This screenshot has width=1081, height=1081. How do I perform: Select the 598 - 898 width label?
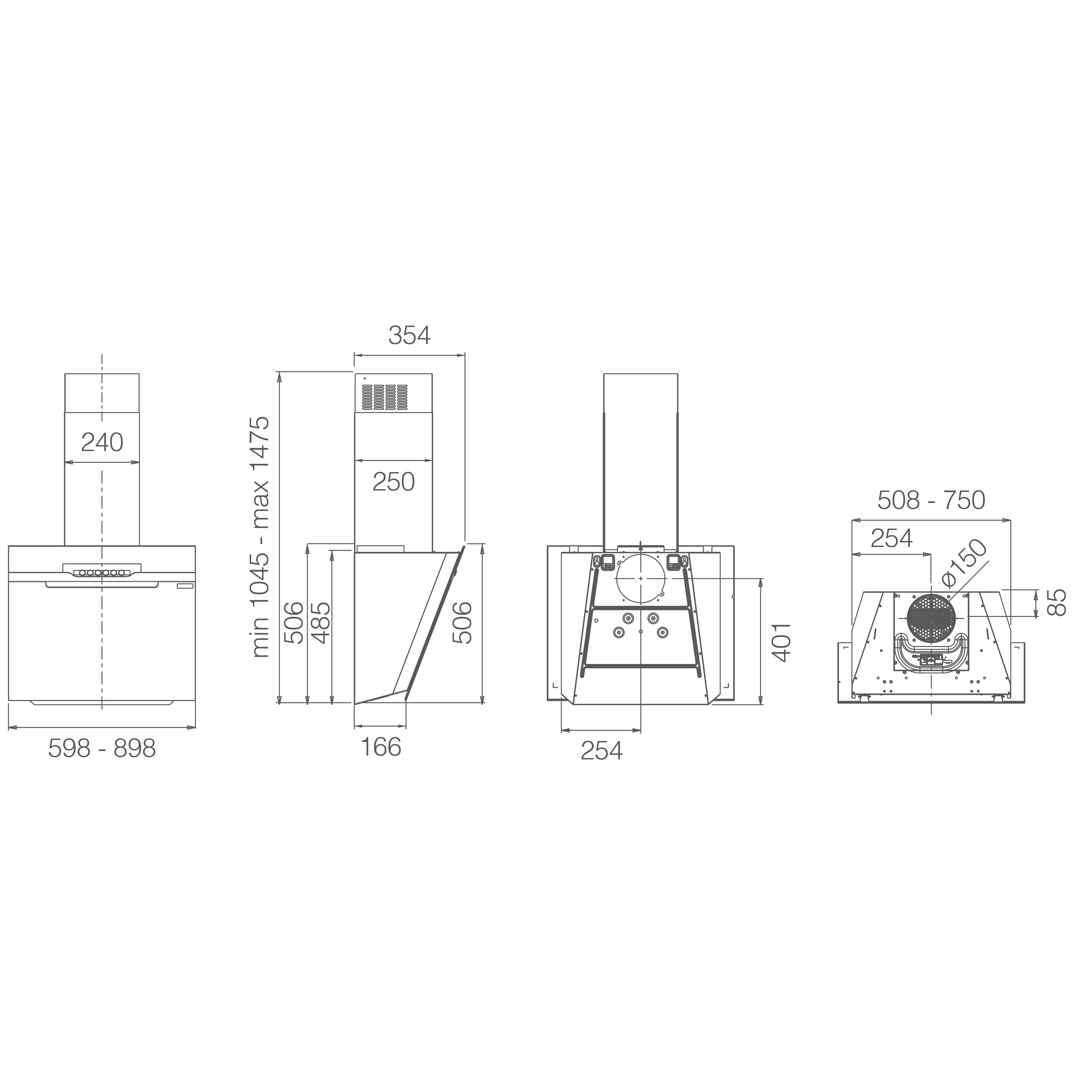[x=102, y=748]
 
